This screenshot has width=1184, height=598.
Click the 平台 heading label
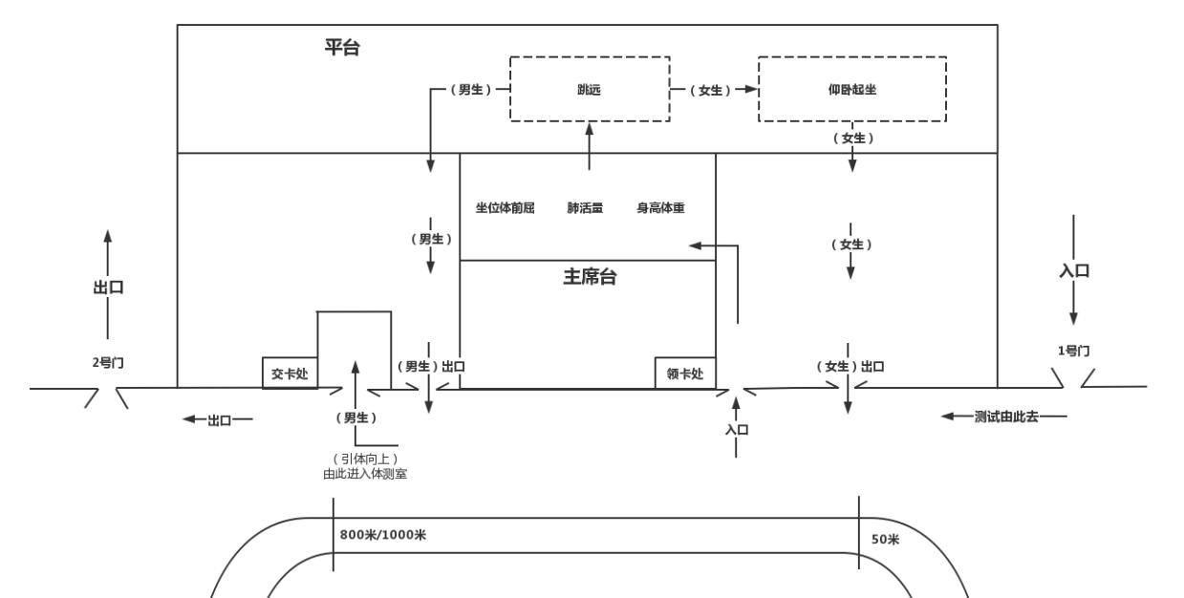(x=343, y=49)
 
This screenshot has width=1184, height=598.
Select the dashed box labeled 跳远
(x=589, y=89)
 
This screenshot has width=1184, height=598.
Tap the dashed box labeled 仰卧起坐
(x=852, y=89)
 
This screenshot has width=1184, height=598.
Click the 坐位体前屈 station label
(x=505, y=207)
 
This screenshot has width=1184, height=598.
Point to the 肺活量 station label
(x=585, y=207)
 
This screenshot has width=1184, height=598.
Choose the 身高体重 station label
(x=660, y=207)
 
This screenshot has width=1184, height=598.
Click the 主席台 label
(x=590, y=277)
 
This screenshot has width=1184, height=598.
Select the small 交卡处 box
(x=289, y=373)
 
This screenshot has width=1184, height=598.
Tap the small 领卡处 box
(x=684, y=373)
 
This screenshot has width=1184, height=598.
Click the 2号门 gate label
(x=107, y=362)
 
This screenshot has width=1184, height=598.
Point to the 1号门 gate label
(x=1073, y=351)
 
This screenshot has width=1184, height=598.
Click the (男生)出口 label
(x=430, y=366)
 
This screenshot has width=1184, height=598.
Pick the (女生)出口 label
(x=850, y=366)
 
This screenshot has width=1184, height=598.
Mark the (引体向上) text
(x=365, y=459)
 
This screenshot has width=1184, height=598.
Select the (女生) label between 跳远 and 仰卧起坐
(x=711, y=90)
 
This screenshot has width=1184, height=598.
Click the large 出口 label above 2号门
(x=108, y=287)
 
